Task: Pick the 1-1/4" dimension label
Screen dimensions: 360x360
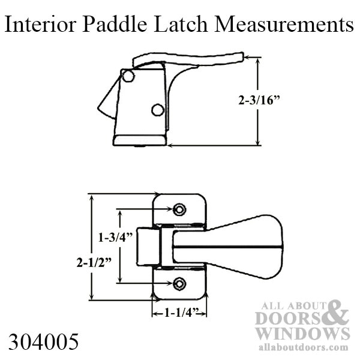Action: click(178, 313)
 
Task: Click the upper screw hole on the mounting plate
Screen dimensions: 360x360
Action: click(179, 209)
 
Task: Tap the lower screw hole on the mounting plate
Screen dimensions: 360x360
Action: click(179, 283)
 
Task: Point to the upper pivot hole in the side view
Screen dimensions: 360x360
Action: click(127, 76)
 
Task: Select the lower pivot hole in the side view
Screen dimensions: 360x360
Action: click(157, 110)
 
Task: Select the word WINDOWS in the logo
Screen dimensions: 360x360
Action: click(302, 334)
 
